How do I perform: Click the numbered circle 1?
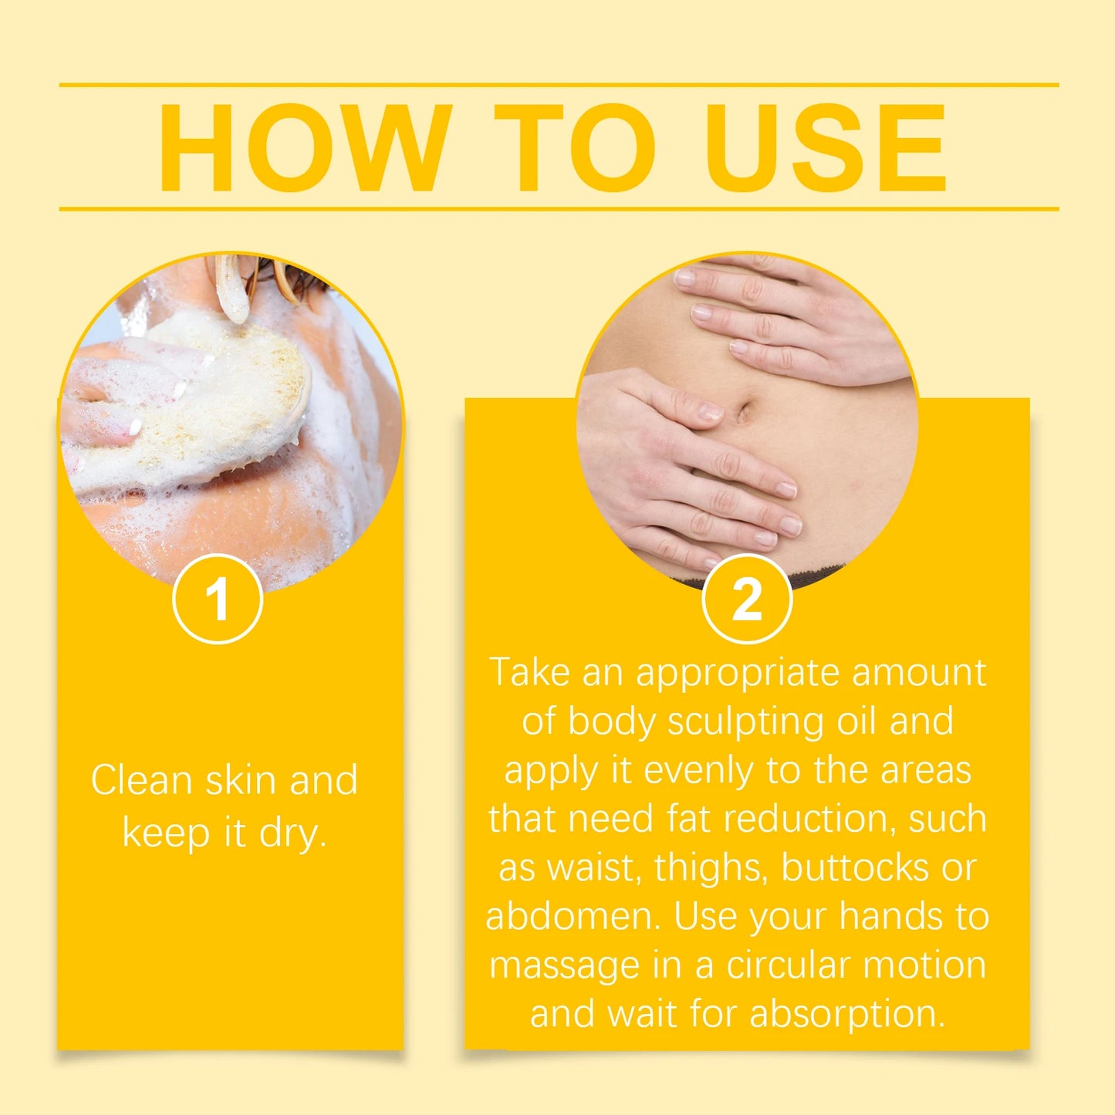(x=218, y=599)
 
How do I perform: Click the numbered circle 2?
(x=747, y=599)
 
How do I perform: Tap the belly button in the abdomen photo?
(x=742, y=411)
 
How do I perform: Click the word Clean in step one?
(x=141, y=780)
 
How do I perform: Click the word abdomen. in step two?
(x=574, y=917)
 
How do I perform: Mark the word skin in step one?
(x=241, y=780)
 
